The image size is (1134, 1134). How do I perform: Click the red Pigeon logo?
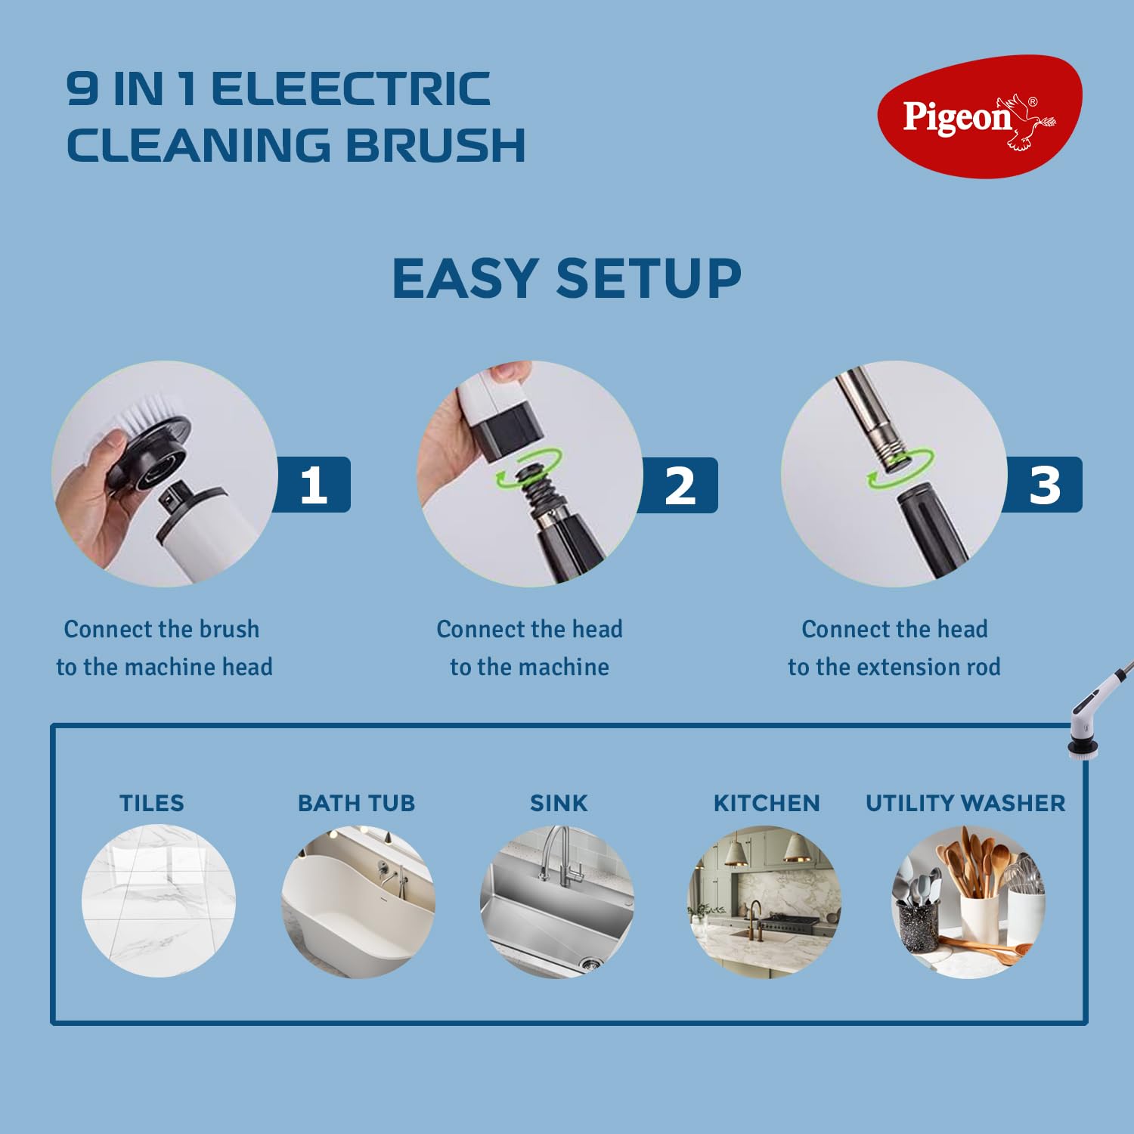pos(979,117)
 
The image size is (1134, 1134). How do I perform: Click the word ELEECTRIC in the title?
pos(351,89)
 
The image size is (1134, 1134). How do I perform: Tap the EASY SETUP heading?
pos(566,278)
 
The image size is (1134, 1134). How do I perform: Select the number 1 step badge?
pos(314,485)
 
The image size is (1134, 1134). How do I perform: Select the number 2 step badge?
pos(680,485)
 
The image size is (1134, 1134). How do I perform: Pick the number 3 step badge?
pos(1045,485)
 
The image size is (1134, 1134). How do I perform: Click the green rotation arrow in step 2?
pos(529,469)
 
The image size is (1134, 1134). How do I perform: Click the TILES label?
pos(151,803)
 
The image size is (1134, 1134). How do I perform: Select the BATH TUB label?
pos(356,803)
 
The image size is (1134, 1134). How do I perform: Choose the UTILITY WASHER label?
pos(965,803)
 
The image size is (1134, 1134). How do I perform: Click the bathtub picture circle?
pos(358,901)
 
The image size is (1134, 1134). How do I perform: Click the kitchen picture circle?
pos(764,901)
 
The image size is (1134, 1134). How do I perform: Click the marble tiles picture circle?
pos(159,901)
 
